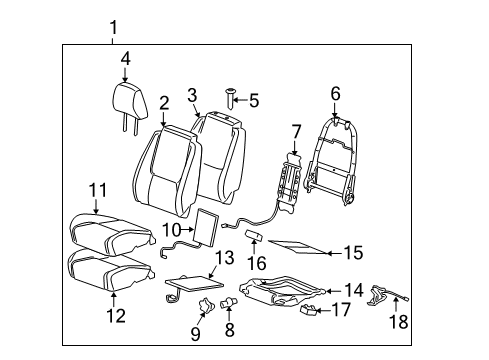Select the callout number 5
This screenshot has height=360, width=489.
click(254, 100)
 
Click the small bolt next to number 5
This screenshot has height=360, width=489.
click(231, 98)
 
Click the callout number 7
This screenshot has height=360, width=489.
click(296, 131)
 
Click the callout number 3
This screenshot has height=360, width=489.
click(193, 95)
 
